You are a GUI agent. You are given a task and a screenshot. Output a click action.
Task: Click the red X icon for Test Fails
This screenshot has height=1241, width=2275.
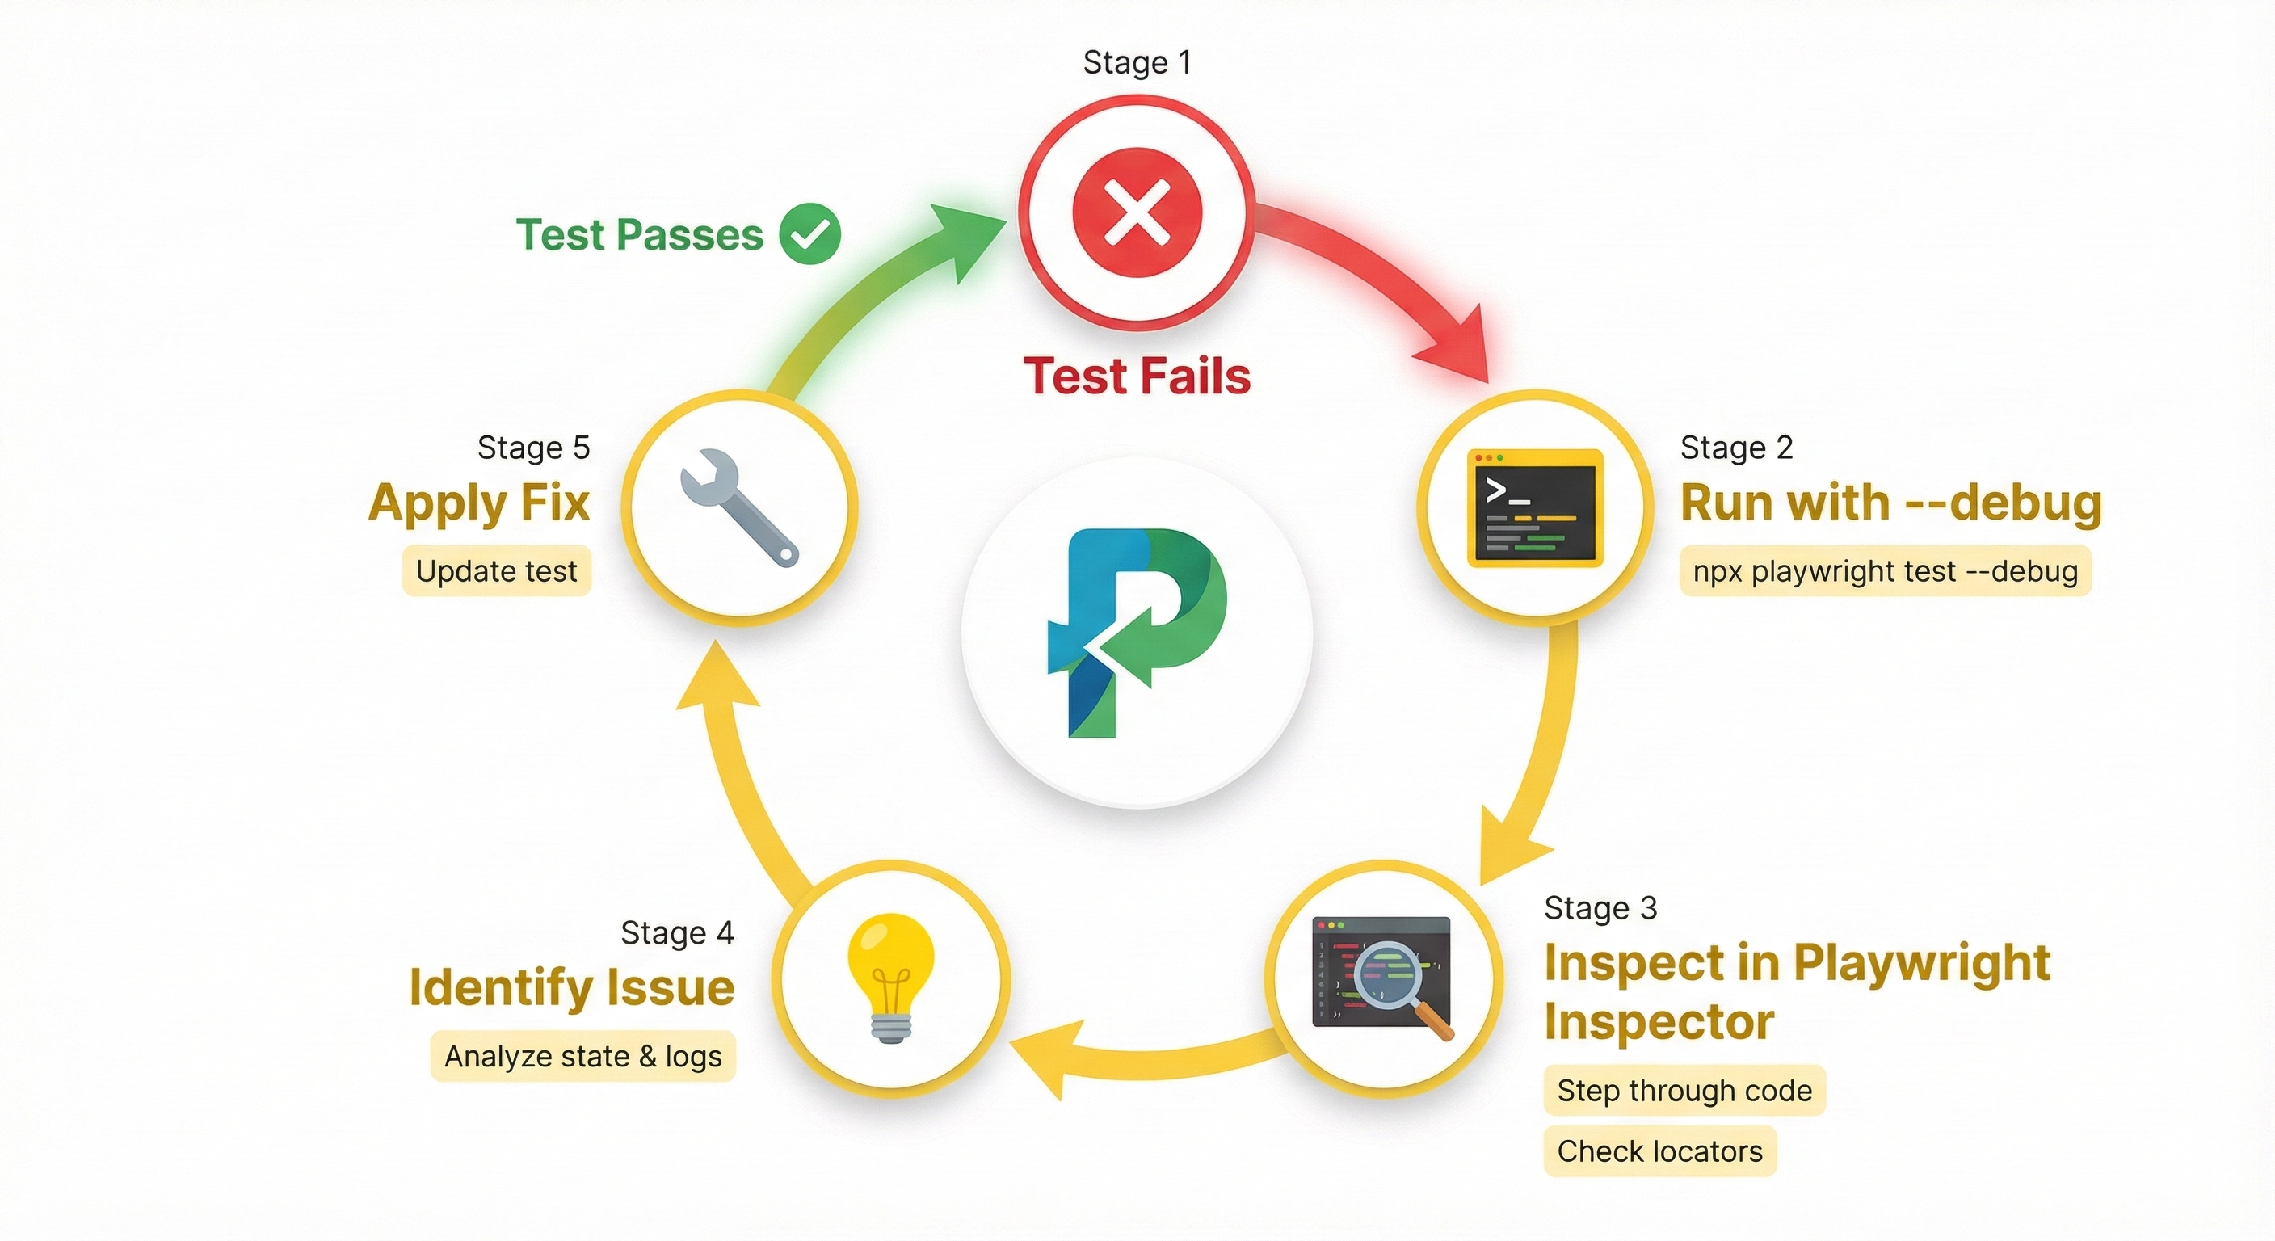pos(1137,212)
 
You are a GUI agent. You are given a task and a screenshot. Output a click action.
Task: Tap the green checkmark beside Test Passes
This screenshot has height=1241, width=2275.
pos(809,234)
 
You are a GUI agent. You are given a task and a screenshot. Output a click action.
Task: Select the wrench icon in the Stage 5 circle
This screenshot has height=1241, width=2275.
pos(739,507)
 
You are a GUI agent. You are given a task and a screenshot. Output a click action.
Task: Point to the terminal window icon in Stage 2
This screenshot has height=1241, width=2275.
pos(1535,508)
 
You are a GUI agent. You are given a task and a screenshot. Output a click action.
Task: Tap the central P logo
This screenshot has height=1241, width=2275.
pos(1137,632)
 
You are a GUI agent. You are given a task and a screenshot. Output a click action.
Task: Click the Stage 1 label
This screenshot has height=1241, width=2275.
pos(1137,63)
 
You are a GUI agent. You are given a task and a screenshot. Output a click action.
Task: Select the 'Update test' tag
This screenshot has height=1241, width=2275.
pos(496,571)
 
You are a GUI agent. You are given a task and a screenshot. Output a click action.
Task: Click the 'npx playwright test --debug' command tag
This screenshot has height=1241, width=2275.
pos(1885,571)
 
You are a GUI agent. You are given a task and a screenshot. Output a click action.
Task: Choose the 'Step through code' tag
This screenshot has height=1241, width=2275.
pos(1684,1090)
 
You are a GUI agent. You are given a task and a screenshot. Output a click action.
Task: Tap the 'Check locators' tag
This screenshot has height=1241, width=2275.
pos(1659,1151)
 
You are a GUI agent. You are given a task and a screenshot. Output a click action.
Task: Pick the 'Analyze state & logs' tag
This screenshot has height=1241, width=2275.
pos(582,1057)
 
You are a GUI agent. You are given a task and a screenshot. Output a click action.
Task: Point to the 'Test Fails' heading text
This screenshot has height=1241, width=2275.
pos(1137,376)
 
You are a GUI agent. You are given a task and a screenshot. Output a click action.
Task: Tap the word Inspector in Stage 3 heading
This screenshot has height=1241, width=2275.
pos(1659,1022)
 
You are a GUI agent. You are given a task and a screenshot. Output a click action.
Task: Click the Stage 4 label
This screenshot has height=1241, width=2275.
pos(676,932)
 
